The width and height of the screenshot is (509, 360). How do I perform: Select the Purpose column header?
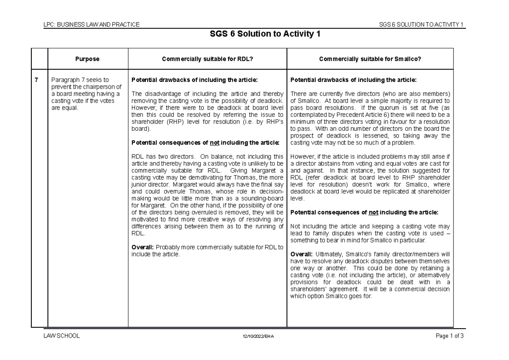click(88, 59)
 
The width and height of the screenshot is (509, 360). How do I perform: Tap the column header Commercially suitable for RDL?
click(207, 59)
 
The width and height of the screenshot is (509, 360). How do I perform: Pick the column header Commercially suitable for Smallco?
click(370, 59)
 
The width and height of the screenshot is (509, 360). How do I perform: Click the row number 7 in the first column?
click(37, 80)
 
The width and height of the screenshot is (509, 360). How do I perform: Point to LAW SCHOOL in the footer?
click(62, 336)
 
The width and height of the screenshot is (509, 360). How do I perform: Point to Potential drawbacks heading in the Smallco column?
click(353, 80)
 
